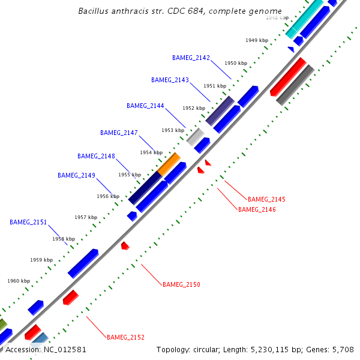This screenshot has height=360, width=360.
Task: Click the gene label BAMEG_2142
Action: tap(191, 58)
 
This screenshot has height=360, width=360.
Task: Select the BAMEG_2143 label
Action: tap(170, 80)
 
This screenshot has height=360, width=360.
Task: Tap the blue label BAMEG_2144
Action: tap(145, 106)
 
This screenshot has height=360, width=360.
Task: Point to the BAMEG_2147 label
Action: tap(119, 133)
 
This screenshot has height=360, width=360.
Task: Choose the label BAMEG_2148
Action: tap(96, 156)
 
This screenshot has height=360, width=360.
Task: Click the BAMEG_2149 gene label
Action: tap(76, 175)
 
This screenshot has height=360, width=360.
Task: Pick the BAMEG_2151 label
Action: tap(28, 222)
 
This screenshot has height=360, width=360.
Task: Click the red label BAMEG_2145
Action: tap(266, 199)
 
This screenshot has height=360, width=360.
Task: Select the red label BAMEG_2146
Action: tap(257, 209)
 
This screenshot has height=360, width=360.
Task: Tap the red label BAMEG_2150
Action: tap(181, 284)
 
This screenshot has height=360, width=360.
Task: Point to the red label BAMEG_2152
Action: tap(125, 337)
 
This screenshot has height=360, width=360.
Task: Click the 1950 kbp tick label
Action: tap(236, 63)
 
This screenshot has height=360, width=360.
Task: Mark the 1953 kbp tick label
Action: tap(172, 130)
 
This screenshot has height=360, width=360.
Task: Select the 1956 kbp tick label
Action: tap(108, 196)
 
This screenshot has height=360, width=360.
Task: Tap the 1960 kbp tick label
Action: tap(19, 281)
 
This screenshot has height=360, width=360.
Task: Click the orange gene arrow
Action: tap(169, 163)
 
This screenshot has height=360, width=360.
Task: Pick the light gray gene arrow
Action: tap(196, 137)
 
